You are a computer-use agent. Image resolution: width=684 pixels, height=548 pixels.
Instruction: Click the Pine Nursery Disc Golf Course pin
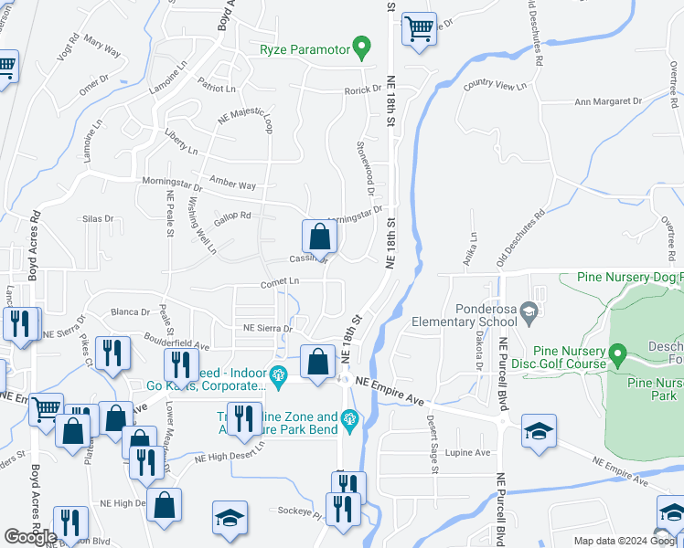point(617,353)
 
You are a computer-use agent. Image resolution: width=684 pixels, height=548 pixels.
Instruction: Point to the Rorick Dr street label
point(362,90)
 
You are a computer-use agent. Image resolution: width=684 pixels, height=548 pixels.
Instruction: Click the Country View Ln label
point(496,86)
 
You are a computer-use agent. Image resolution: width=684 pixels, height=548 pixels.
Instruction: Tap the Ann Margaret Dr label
point(607,102)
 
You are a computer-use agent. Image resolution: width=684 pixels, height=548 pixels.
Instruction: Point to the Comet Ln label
point(280,282)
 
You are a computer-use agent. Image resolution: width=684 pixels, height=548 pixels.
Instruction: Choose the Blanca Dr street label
point(131,311)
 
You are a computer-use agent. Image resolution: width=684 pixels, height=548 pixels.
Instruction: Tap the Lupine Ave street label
point(468,451)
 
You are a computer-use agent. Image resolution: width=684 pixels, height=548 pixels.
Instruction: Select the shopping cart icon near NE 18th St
point(419,28)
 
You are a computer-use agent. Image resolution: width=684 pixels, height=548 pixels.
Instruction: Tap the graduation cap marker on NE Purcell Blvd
point(540,431)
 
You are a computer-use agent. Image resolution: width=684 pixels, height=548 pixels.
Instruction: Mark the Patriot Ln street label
point(218,89)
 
